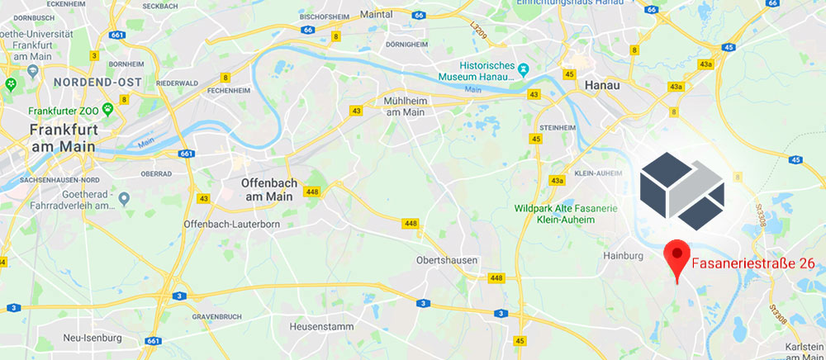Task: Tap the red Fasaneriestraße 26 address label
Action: coord(752,263)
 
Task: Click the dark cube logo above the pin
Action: coord(681,192)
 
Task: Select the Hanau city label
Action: coord(601,85)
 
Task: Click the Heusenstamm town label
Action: coord(321,327)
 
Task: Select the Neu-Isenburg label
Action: coord(93,338)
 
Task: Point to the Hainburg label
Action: coord(623,257)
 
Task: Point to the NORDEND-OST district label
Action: coord(97,83)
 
